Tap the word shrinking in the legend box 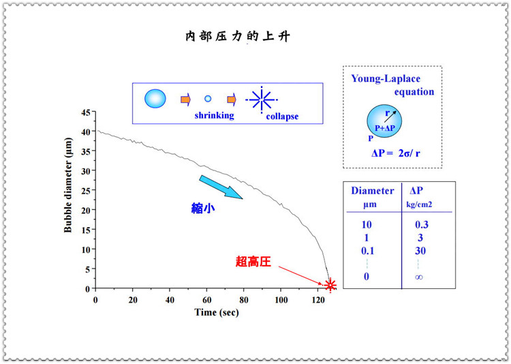(x=214, y=116)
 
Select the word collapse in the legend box (x=282, y=117)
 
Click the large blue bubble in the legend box (x=155, y=99)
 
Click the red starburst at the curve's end (x=330, y=285)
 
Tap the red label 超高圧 (x=253, y=261)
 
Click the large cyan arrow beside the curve (x=221, y=187)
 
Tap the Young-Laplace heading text (x=392, y=85)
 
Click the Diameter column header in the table (x=372, y=191)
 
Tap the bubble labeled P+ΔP (x=385, y=121)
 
